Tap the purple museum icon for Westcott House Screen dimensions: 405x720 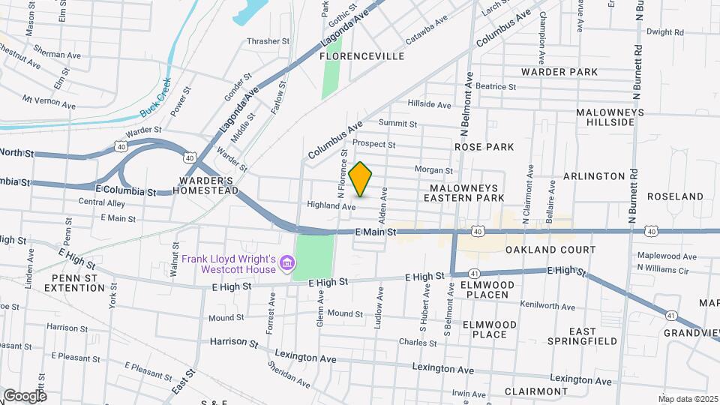[x=286, y=263]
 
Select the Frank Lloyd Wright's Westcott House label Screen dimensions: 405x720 [x=228, y=264]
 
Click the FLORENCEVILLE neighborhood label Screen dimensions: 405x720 [x=362, y=56]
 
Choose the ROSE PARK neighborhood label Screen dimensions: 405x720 [x=483, y=147]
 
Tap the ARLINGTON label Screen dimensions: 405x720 [x=593, y=176]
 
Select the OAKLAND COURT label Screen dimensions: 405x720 [x=550, y=250]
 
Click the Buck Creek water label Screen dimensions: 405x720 [x=155, y=97]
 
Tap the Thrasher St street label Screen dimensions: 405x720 [x=268, y=41]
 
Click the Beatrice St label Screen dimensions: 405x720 [x=496, y=86]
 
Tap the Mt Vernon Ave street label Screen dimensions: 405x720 [x=48, y=100]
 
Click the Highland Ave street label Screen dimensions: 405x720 [x=331, y=205]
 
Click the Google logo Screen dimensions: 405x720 [x=25, y=395]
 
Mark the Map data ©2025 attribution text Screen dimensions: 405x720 [x=686, y=398]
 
